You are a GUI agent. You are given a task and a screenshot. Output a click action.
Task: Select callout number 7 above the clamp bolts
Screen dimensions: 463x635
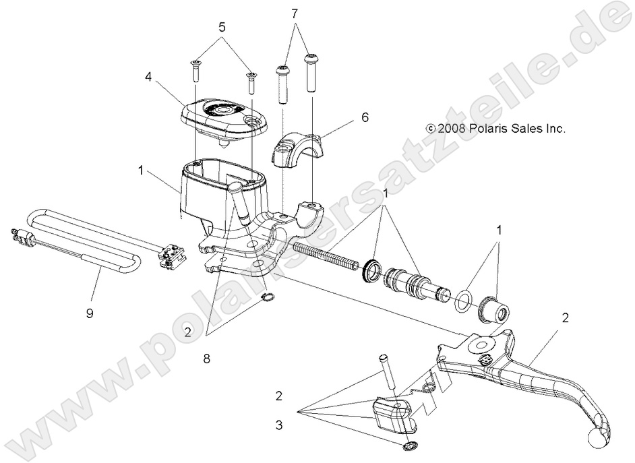tap(295, 13)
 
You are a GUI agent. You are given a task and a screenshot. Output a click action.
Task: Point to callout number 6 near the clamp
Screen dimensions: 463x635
tap(365, 117)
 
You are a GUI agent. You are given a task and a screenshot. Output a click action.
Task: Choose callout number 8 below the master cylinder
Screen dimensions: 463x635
tap(207, 359)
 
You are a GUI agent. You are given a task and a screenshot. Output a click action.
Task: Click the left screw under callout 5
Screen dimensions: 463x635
tap(195, 71)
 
